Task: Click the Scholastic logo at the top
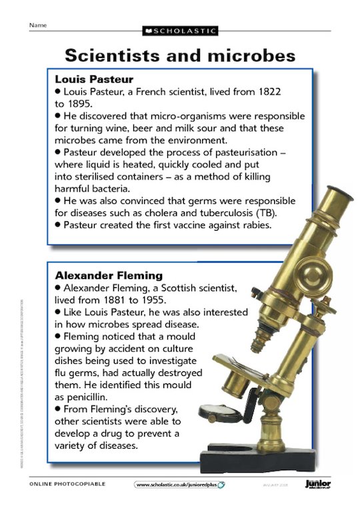tap(179, 31)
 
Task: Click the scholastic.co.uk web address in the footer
tap(177, 484)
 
